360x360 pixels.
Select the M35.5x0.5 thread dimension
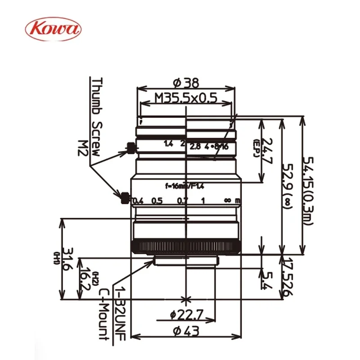click(x=185, y=98)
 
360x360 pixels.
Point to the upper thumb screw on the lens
click(x=130, y=147)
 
